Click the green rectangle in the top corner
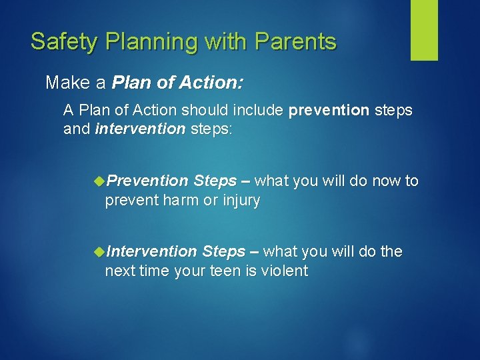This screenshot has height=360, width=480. (424, 30)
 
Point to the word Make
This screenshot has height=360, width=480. (66, 83)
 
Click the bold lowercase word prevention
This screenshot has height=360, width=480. (329, 110)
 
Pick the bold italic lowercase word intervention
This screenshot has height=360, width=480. (140, 128)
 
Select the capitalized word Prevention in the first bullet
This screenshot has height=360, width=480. (147, 181)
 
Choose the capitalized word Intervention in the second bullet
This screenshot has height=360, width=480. (151, 251)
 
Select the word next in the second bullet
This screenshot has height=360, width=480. (119, 271)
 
